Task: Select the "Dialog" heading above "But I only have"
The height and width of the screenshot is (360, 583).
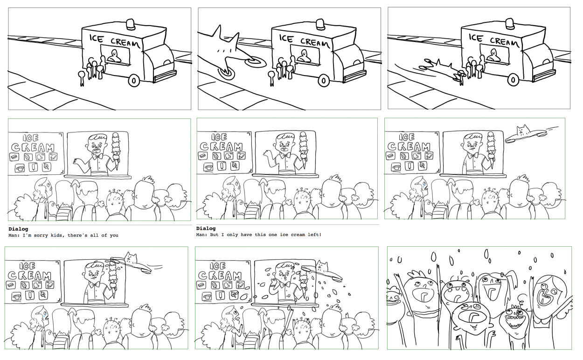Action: pos(206,228)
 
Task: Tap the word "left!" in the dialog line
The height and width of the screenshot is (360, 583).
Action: pos(313,235)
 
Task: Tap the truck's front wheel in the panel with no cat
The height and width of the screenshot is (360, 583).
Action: pos(133,80)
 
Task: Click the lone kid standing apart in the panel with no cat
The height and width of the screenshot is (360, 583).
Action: pos(81,78)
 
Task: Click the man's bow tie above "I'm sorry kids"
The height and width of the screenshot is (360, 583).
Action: pos(97,157)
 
